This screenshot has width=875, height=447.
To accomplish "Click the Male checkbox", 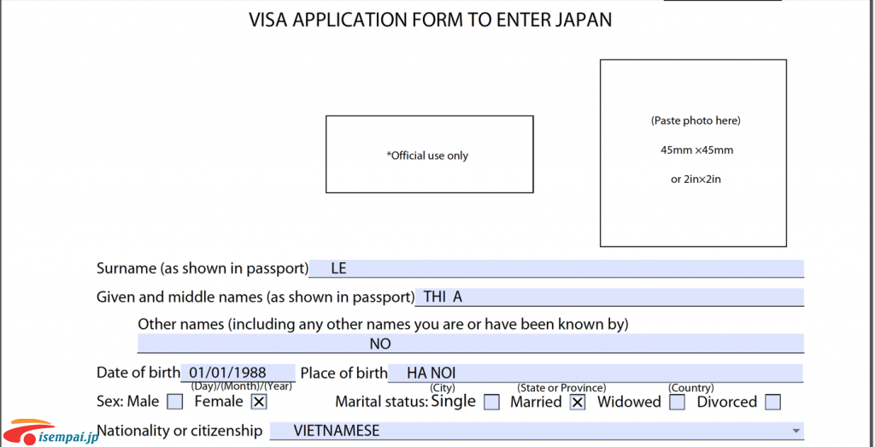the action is point(174,402).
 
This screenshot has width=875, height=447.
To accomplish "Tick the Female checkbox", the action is point(258,402).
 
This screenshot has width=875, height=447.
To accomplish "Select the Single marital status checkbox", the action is point(491,403).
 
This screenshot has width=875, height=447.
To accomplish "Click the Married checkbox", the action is point(578,403).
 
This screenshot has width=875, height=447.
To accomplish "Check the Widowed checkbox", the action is point(678,403).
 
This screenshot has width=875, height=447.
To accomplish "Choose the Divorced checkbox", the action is point(772,403).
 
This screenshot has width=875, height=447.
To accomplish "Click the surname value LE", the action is point(338,268).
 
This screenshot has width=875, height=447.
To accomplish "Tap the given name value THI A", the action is point(443,297).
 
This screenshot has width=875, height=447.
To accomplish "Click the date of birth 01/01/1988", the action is point(227,373).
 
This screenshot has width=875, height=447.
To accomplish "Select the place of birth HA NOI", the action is point(432,373).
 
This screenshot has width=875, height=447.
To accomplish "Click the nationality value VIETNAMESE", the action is point(337,431).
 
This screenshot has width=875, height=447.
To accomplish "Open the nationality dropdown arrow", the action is point(795,431).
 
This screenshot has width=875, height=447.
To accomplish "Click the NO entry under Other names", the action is point(380,344).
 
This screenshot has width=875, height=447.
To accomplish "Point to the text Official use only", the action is point(427,156).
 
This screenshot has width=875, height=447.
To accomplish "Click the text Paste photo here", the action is point(696,121).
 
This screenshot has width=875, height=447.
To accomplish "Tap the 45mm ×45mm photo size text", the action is point(696,150).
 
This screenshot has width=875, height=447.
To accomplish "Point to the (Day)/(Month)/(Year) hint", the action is point(241,385).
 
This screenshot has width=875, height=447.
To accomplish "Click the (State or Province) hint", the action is point(561,387).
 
